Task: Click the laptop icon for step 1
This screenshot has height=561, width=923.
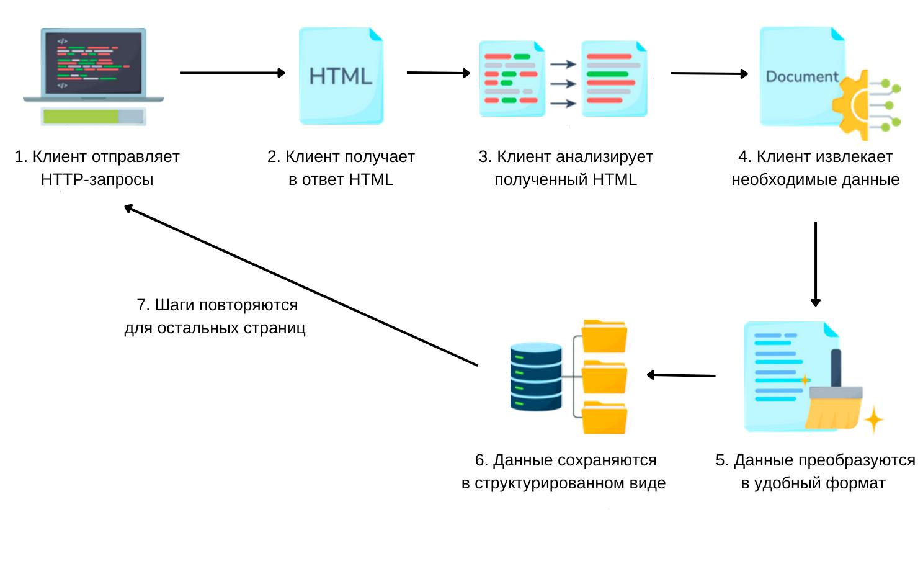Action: [93, 65]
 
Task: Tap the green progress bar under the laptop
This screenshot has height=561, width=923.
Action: [81, 116]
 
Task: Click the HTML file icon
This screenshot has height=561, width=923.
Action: [341, 76]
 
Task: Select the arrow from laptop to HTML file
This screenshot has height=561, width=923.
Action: [232, 73]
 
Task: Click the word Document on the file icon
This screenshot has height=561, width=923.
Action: [801, 76]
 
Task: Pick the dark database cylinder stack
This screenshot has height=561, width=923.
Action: [535, 376]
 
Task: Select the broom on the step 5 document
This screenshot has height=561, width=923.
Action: [834, 400]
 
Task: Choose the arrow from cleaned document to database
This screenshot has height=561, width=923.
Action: [681, 375]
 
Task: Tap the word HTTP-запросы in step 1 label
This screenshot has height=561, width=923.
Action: [97, 180]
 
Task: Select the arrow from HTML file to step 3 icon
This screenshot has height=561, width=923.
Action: [438, 73]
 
